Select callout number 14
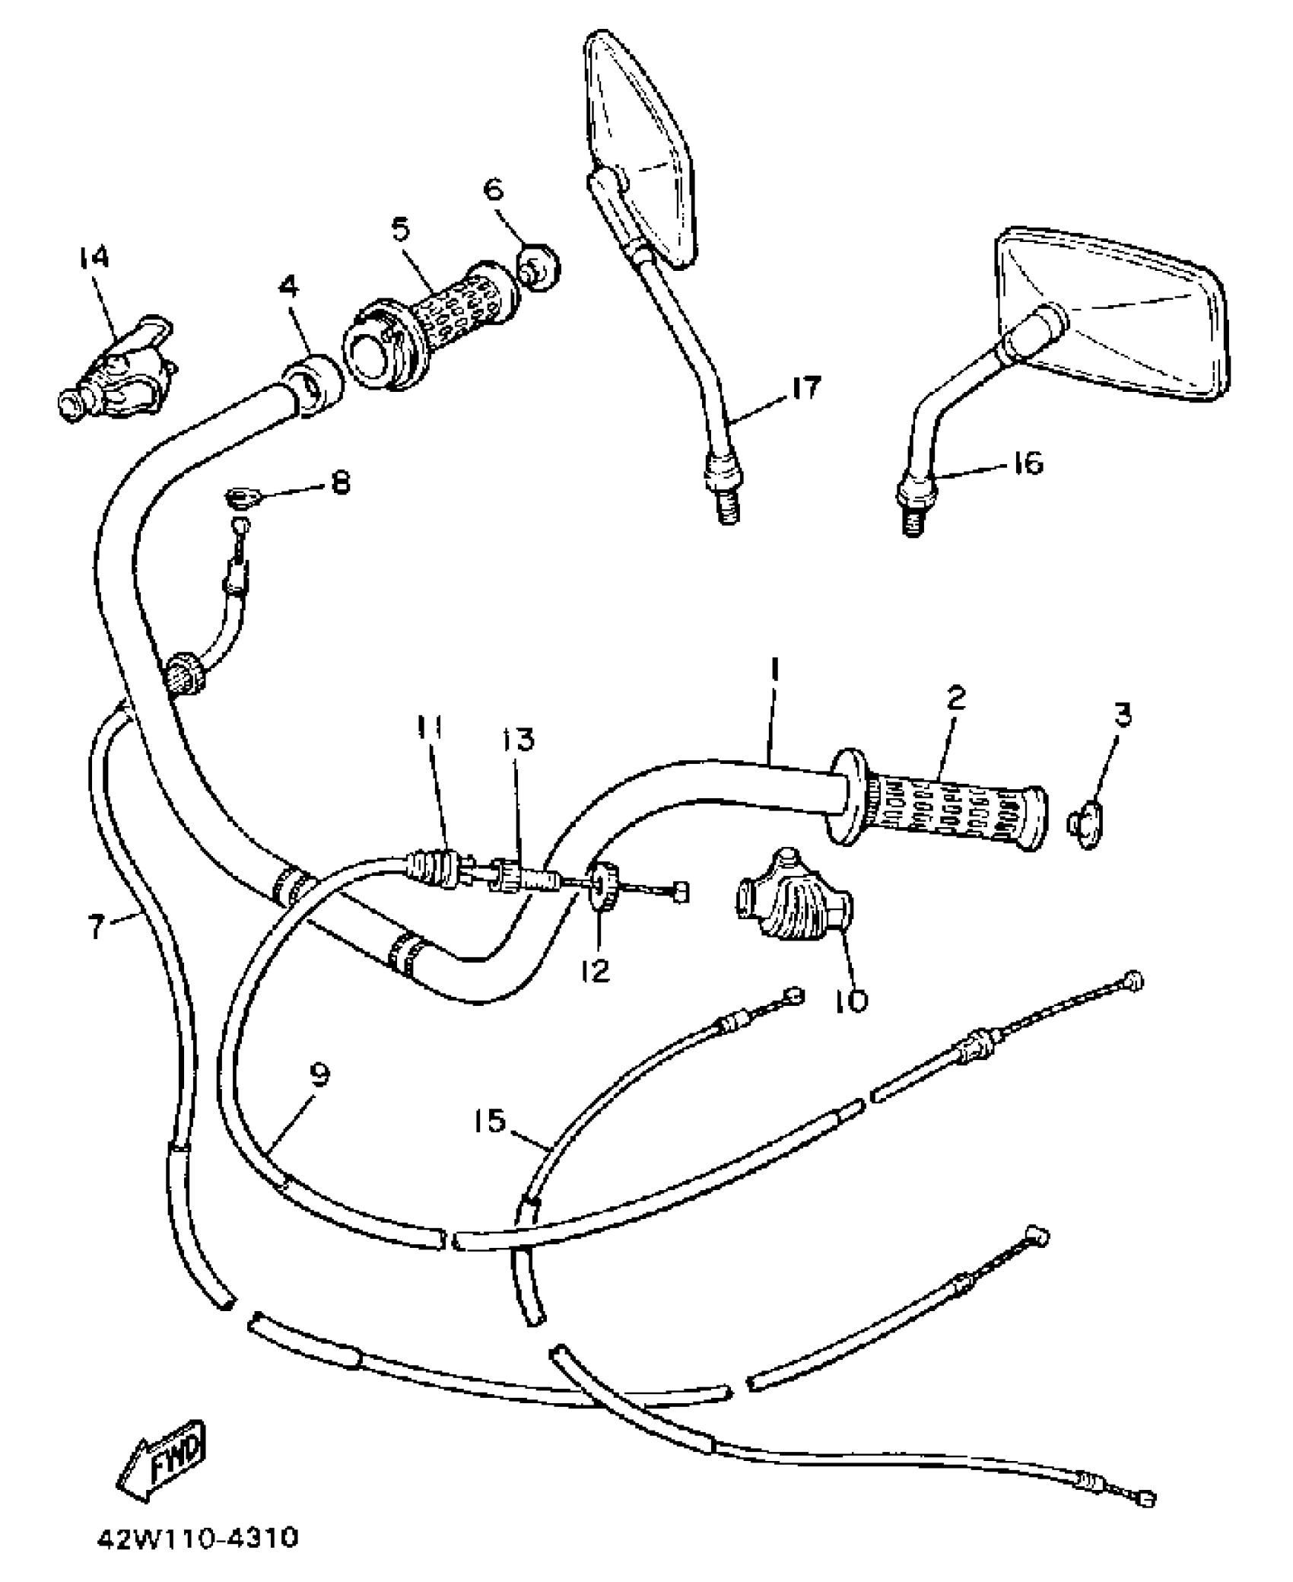tap(92, 258)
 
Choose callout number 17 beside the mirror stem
tap(806, 389)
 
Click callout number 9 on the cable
tap(320, 1075)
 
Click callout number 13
tap(519, 739)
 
